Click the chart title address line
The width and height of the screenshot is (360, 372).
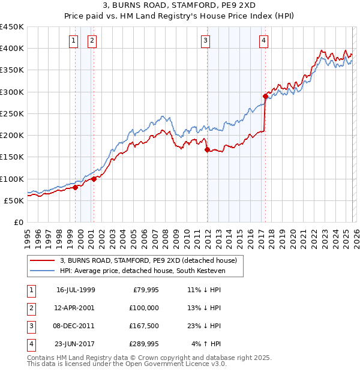point(180,7)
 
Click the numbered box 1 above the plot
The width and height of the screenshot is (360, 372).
point(73,41)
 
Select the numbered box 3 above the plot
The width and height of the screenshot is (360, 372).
point(205,41)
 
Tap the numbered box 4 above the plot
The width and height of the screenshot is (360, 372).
point(263,41)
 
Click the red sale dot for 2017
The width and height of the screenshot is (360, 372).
point(265,96)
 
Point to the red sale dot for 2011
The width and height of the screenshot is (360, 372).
point(207,149)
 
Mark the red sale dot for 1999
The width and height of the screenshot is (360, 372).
point(76,187)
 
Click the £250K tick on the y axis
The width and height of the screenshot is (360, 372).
point(12,113)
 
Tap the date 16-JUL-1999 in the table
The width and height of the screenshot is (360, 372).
point(75,289)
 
